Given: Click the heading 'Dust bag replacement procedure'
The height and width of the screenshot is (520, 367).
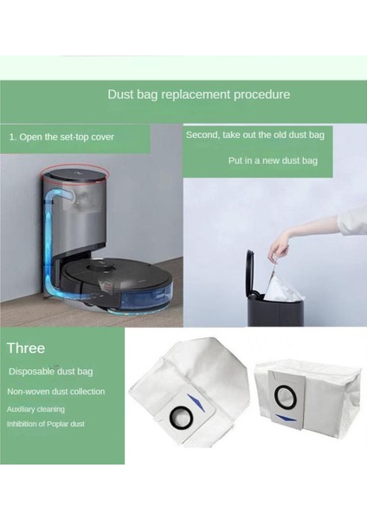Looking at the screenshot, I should [198, 94].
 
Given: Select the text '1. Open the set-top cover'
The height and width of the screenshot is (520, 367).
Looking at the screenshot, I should [61, 137].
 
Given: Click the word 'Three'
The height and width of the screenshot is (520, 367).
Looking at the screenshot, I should [26, 348].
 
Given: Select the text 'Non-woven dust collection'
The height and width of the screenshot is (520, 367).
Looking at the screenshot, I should [56, 392].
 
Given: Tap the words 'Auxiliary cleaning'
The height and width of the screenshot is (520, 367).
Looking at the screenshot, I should [35, 408].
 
